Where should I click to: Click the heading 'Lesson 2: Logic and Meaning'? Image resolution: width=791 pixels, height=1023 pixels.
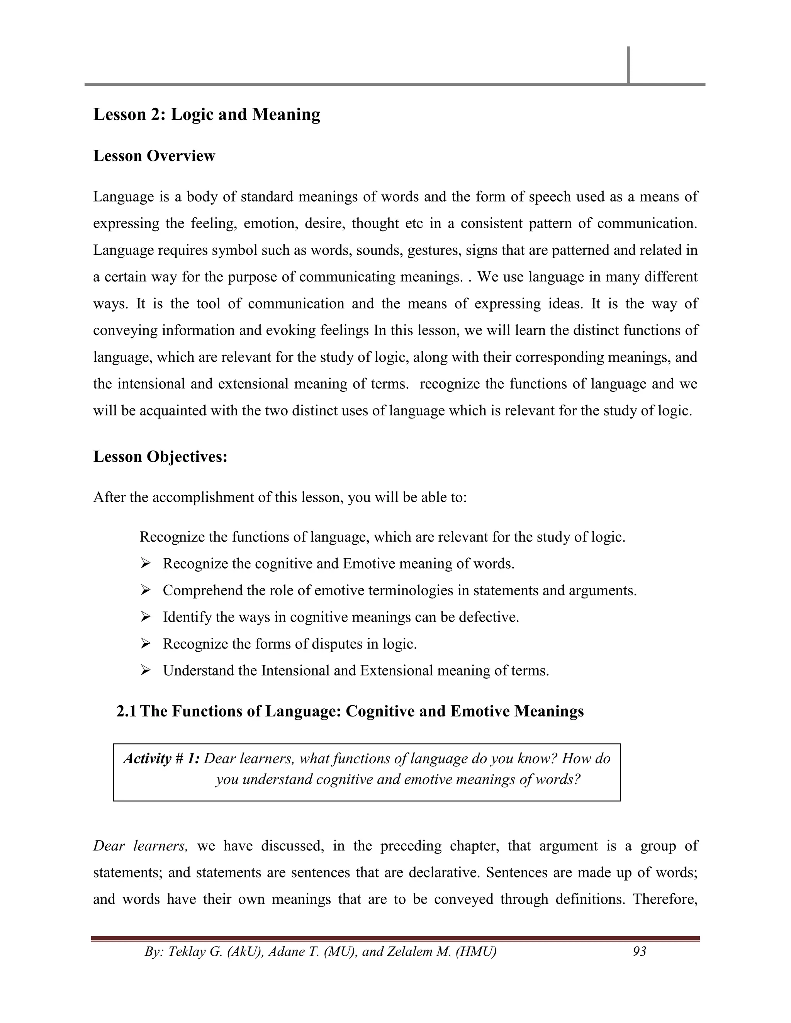pos(207,115)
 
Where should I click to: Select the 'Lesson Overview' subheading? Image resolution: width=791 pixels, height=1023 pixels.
pos(154,156)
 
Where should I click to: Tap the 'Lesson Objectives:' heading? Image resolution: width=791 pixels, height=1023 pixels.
pos(160,457)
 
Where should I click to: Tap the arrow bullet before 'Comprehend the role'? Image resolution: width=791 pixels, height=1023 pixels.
pos(145,591)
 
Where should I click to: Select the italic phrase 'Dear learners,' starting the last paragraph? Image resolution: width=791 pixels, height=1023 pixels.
pos(141,846)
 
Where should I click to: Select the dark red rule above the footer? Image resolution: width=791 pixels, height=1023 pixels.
pos(395,938)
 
